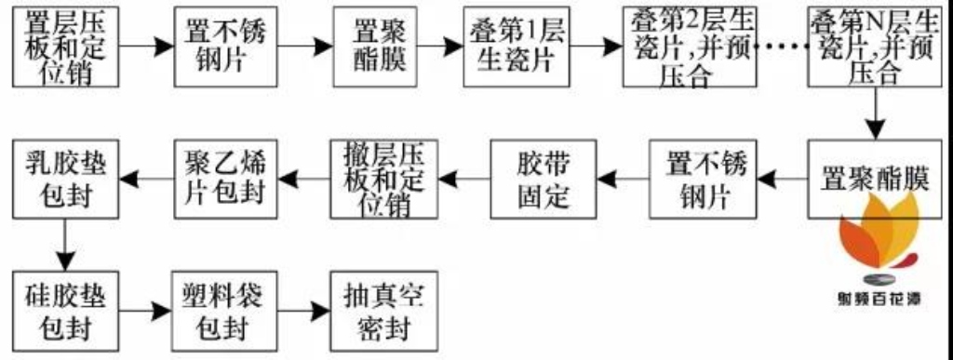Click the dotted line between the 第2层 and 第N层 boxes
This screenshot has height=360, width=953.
coord(783,46)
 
